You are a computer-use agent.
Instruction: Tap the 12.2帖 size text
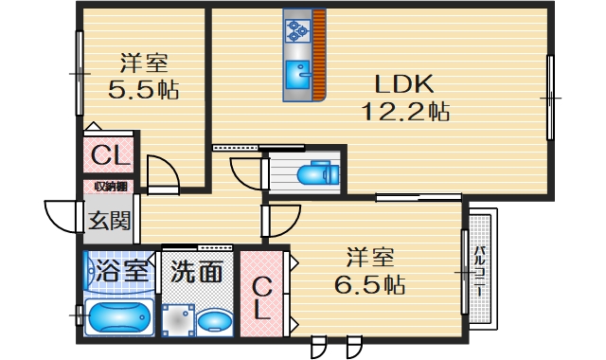(404, 112)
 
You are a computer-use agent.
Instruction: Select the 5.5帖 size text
(144, 91)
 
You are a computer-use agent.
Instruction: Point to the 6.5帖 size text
(370, 283)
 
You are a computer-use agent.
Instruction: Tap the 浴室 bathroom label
(123, 270)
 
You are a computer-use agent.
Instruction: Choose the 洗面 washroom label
(197, 273)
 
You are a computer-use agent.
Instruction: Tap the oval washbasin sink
(215, 323)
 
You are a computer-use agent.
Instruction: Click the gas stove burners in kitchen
(298, 30)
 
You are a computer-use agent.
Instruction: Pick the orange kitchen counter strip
(319, 55)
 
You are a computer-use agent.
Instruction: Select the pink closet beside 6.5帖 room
(261, 294)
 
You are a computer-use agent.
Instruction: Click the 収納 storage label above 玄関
(111, 186)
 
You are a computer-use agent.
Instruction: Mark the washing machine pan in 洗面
(176, 322)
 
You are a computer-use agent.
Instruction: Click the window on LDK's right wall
(549, 97)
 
